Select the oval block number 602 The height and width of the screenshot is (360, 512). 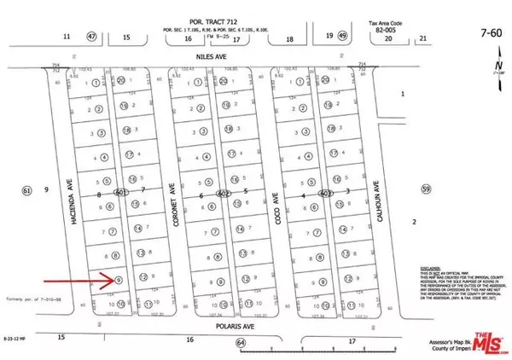coord(223,193)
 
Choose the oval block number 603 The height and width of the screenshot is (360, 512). coord(325,193)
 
